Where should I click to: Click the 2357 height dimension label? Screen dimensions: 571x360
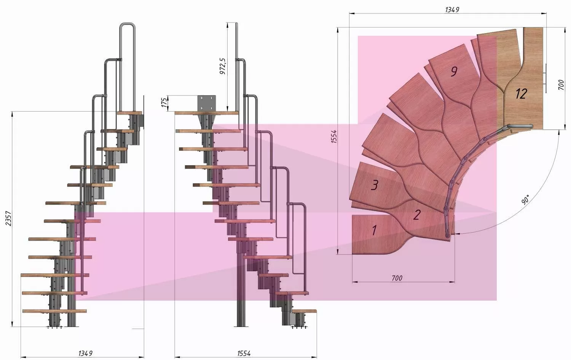pos(8,218)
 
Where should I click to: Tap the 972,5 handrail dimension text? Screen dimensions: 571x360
pos(222,66)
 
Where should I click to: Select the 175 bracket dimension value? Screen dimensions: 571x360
pos(165,102)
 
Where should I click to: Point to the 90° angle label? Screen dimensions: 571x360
pos(526,199)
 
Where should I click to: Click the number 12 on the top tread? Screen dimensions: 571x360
pos(521,94)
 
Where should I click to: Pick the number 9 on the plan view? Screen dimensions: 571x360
pos(454,72)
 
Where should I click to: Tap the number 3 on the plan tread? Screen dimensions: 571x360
pos(375,185)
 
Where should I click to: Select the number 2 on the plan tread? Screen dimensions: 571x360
pos(416,215)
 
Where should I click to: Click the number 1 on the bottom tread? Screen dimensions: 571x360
pos(374,230)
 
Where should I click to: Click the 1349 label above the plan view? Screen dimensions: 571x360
pos(452,10)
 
